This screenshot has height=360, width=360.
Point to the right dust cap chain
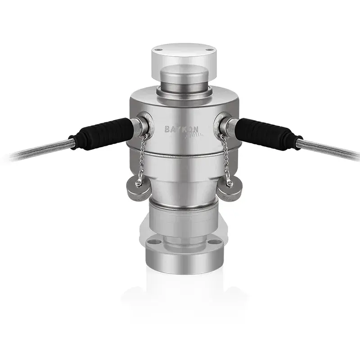pos(225,157)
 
